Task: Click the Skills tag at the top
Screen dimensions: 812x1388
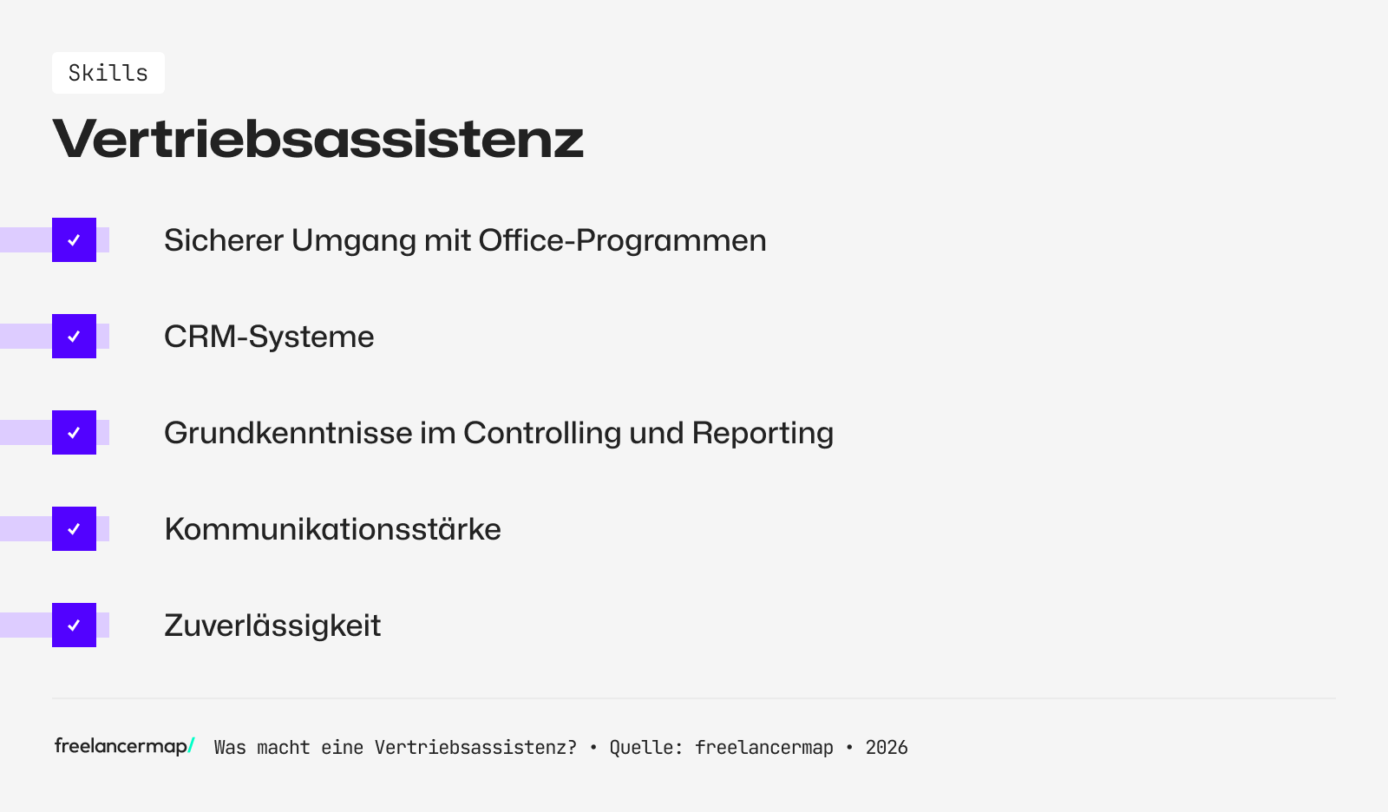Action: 108,73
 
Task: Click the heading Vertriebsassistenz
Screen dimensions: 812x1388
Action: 318,139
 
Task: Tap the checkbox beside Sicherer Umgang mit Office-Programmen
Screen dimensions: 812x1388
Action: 74,240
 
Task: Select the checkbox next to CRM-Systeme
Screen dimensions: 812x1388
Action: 74,337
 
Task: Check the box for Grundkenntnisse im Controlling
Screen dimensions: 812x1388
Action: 74,433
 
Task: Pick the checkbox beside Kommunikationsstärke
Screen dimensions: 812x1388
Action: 74,529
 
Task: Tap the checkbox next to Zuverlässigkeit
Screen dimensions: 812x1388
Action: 74,625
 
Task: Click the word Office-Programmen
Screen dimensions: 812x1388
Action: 622,241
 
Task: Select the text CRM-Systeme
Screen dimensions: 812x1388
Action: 269,337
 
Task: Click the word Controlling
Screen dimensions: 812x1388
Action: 541,433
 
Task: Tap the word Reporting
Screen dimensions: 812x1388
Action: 762,434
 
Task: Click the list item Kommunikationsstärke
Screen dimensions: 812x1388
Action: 332,529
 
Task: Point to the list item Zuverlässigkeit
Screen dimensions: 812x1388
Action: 272,625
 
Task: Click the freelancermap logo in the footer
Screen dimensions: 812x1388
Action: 124,746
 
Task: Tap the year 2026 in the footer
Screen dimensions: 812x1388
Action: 887,748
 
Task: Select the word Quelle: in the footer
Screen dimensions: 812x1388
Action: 645,748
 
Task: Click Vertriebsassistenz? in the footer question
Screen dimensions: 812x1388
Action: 475,748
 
